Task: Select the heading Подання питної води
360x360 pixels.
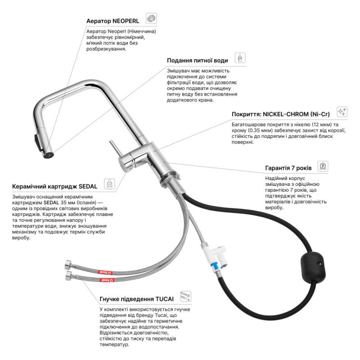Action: (x=197, y=60)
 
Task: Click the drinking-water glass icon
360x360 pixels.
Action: (x=240, y=59)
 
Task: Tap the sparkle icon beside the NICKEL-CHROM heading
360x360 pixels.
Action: (x=342, y=112)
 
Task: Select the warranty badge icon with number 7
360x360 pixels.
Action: (x=323, y=166)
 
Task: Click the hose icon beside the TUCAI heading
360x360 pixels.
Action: (x=184, y=296)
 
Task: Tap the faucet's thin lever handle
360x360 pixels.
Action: (x=114, y=149)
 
